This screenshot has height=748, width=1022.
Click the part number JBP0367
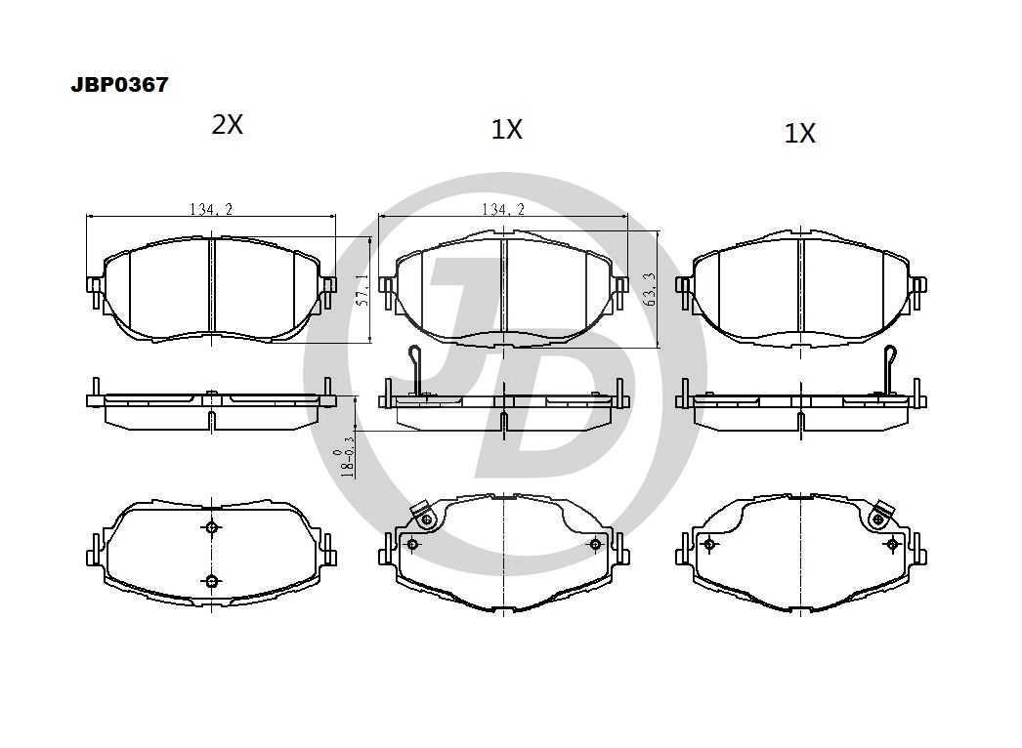[119, 85]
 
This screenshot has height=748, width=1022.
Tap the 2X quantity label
[227, 124]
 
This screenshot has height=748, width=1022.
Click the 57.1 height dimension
[364, 289]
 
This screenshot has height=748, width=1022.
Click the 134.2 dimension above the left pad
[211, 209]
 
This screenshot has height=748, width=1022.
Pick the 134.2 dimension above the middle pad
[502, 209]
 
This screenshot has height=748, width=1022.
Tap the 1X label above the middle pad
[506, 130]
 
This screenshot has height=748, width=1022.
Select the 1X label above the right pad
[799, 134]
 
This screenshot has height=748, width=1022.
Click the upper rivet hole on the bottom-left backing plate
[210, 527]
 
